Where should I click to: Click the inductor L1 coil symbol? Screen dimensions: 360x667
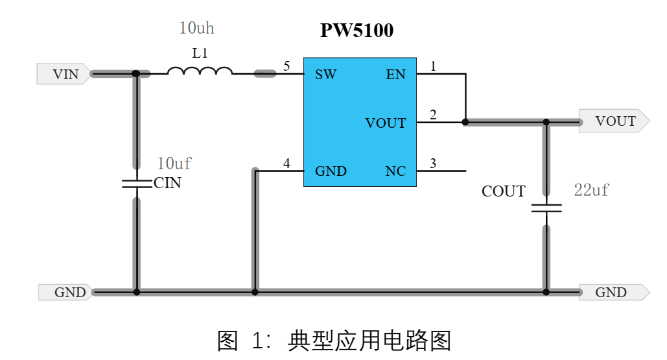(200, 71)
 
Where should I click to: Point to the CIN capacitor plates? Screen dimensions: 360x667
(136, 184)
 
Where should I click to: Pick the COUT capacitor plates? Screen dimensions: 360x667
(546, 209)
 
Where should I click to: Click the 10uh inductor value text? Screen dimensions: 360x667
(196, 29)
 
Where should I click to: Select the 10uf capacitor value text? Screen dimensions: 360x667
(174, 163)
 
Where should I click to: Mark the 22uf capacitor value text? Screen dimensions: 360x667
(591, 190)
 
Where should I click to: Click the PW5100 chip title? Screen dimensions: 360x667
(357, 30)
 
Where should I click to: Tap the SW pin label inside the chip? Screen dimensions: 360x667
(325, 75)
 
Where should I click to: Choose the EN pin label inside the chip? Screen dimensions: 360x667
(395, 75)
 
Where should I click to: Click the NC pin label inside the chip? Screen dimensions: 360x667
(395, 171)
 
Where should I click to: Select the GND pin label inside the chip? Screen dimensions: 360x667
(331, 171)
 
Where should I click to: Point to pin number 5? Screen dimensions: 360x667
(287, 66)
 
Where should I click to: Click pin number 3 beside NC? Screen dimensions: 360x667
(433, 163)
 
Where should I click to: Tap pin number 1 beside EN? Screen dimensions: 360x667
(433, 66)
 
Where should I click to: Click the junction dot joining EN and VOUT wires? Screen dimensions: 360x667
(465, 121)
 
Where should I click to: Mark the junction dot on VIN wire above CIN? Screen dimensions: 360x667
(136, 74)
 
